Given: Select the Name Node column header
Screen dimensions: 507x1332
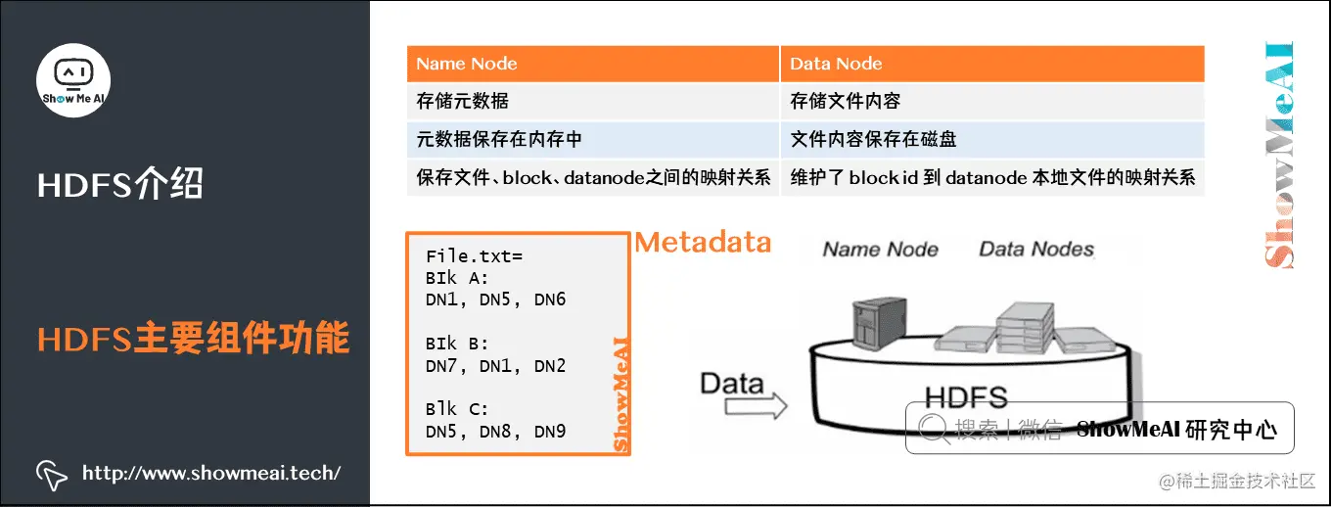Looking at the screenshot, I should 467,65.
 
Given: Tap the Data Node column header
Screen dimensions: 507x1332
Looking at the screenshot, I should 836,65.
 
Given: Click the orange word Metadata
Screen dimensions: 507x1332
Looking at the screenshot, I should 703,242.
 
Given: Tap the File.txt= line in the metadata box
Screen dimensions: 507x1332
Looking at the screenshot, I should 475,256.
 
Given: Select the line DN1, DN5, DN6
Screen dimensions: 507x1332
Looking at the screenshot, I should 495,300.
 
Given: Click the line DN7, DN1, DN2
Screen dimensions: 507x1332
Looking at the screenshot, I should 495,366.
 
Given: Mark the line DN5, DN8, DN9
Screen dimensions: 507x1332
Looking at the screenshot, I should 495,431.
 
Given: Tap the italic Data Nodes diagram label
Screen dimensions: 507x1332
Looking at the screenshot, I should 1036,250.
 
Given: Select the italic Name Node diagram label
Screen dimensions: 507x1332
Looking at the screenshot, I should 880,250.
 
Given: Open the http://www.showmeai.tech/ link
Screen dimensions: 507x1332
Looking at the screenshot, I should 211,474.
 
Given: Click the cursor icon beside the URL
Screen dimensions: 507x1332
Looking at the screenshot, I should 52,475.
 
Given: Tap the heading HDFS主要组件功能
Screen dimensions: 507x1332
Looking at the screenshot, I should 194,339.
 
